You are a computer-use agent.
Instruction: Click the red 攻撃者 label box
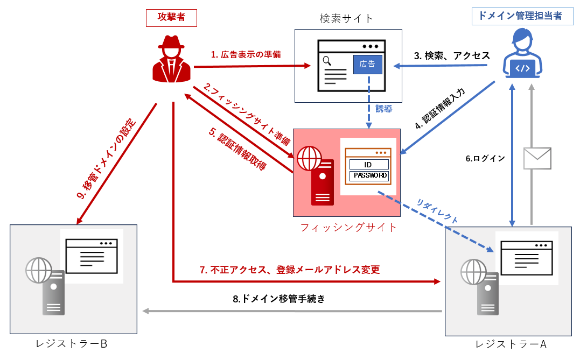pos(171,17)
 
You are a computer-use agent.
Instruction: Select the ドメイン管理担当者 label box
pos(516,16)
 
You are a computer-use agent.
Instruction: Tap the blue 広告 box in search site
pos(368,65)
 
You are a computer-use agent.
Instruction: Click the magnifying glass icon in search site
pos(327,61)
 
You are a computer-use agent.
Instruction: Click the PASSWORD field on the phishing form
pos(369,175)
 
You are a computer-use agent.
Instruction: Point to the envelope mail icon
pos(537,159)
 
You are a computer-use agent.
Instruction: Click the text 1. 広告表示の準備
pos(246,54)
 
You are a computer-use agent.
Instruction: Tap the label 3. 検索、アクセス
pos(451,55)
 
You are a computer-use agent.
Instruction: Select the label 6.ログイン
pos(485,158)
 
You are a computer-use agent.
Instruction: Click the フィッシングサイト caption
pos(348,227)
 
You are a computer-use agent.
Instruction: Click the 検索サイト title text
pos(346,18)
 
